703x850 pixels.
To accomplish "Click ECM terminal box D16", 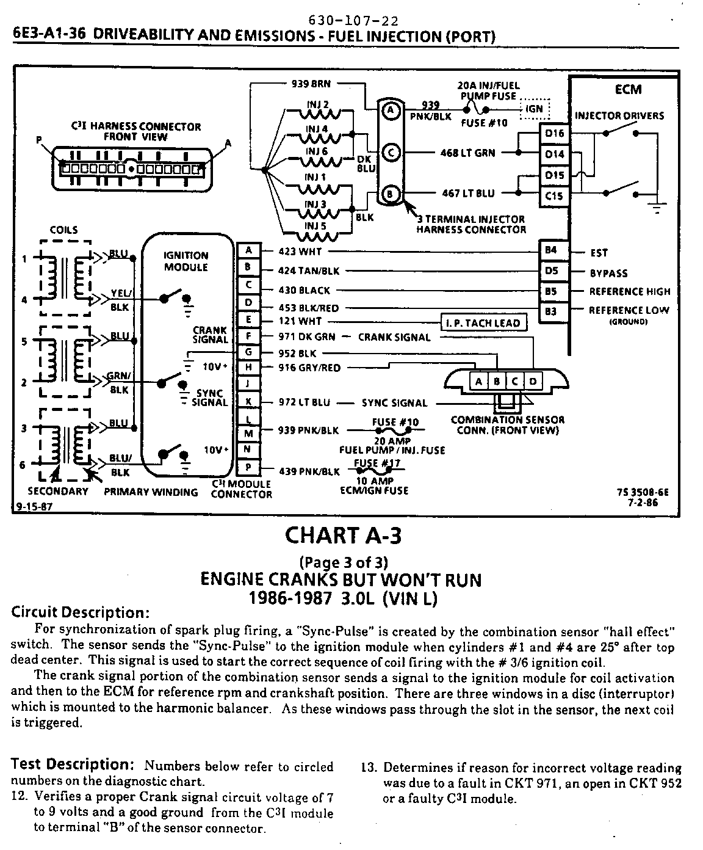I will (x=554, y=134).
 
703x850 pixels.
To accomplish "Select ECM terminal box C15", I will (x=554, y=196).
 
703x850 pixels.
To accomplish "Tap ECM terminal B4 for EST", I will (x=550, y=250).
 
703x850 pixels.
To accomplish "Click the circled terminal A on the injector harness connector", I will (x=390, y=110).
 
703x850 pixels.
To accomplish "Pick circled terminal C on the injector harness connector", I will (x=390, y=152).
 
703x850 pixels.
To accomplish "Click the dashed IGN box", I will (x=534, y=109).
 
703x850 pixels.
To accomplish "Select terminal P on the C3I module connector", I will (x=248, y=468).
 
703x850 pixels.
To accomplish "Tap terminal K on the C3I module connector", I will (x=248, y=402).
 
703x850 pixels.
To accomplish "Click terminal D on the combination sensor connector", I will (x=532, y=382).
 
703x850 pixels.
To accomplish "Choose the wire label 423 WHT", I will (x=300, y=251).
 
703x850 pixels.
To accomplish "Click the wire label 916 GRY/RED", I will (x=309, y=368).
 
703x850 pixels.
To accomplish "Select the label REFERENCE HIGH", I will (x=629, y=292).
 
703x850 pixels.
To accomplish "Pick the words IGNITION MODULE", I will (x=186, y=261).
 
